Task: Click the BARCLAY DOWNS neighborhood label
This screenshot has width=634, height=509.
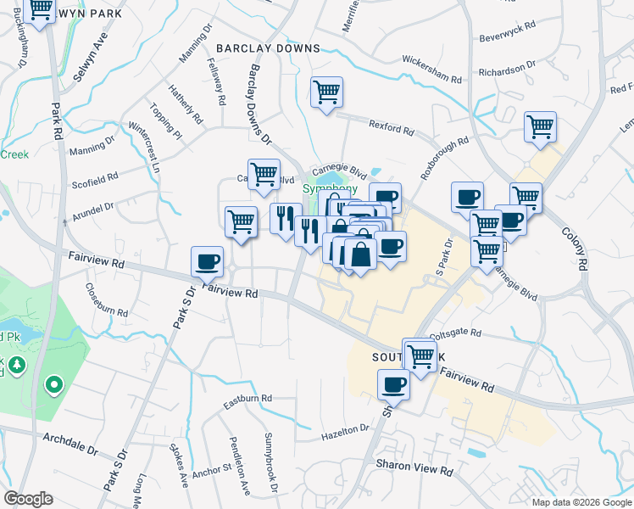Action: pyautogui.click(x=268, y=48)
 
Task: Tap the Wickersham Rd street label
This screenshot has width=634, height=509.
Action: pyautogui.click(x=431, y=70)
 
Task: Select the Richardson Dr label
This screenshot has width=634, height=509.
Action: pyautogui.click(x=508, y=66)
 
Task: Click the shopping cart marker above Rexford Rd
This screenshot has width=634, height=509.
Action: pyautogui.click(x=326, y=92)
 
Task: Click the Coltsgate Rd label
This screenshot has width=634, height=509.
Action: pyautogui.click(x=456, y=334)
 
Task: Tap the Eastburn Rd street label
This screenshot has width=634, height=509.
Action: pyautogui.click(x=242, y=399)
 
